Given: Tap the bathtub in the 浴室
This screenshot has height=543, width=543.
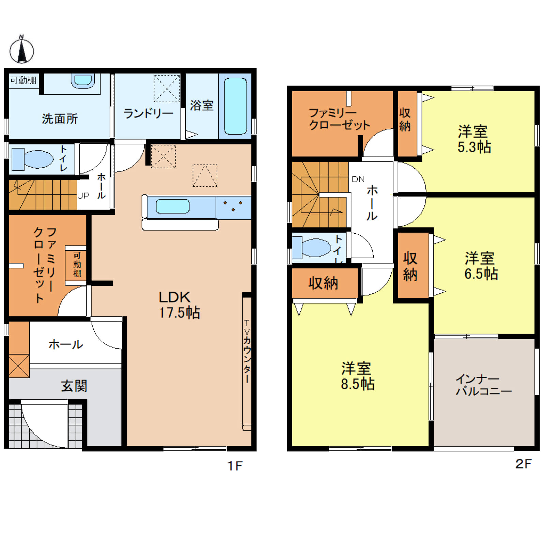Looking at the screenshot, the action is pyautogui.click(x=235, y=106).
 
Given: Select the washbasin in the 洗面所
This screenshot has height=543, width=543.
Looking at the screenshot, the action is pyautogui.click(x=83, y=81).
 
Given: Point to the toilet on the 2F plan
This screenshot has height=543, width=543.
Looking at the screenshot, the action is pyautogui.click(x=311, y=248).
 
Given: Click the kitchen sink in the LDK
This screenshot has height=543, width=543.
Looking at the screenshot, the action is pyautogui.click(x=173, y=206).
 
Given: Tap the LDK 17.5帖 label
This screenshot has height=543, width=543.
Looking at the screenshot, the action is pyautogui.click(x=179, y=305).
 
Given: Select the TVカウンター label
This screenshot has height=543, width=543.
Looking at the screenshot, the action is pyautogui.click(x=247, y=351).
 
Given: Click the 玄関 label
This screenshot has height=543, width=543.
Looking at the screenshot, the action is pyautogui.click(x=74, y=386).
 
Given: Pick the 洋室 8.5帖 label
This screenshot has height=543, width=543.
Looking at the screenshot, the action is pyautogui.click(x=357, y=376).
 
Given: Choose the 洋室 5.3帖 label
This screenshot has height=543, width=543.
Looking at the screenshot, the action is pyautogui.click(x=474, y=139).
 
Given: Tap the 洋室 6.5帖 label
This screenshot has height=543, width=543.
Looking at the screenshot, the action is pyautogui.click(x=481, y=266).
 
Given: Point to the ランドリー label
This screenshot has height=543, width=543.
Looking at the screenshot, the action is pyautogui.click(x=148, y=113).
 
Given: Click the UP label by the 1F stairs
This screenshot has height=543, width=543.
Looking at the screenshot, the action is pyautogui.click(x=83, y=196).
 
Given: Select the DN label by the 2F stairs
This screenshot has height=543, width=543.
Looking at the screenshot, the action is pyautogui.click(x=358, y=179).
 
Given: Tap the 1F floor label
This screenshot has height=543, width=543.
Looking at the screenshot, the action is pyautogui.click(x=235, y=466).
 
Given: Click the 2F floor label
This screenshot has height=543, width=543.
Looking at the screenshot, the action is pyautogui.click(x=524, y=464).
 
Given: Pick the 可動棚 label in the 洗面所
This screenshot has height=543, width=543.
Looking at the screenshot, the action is pyautogui.click(x=23, y=80).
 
